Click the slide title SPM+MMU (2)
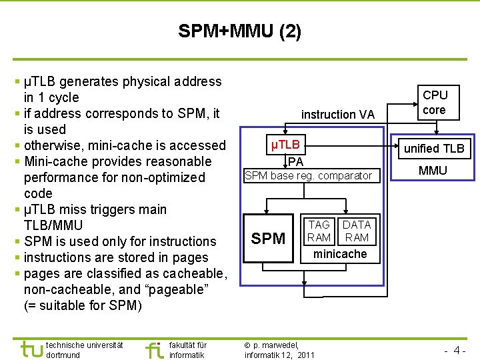[x=239, y=31]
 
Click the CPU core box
[x=435, y=103]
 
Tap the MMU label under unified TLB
[x=433, y=171]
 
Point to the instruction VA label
[x=338, y=115]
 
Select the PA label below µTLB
[x=296, y=161]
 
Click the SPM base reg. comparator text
[x=308, y=176]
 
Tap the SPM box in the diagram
[x=268, y=238]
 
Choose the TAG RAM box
[x=319, y=231]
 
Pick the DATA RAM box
[x=357, y=231]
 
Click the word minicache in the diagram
[x=340, y=254]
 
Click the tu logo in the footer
[x=31, y=349]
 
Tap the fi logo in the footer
[x=153, y=349]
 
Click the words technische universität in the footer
[x=85, y=345]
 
